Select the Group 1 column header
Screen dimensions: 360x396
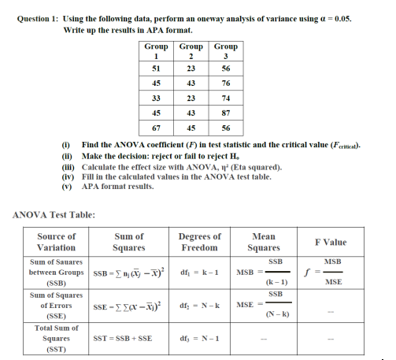tap(156, 51)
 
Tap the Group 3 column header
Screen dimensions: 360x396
tap(226, 51)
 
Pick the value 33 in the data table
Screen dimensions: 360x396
tap(156, 98)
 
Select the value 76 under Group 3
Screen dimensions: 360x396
tap(226, 83)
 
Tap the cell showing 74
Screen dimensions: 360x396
tap(226, 98)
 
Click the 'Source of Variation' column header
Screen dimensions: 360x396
tap(57, 241)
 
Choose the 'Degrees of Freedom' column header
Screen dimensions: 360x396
tap(199, 241)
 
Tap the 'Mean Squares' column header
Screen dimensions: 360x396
tap(264, 241)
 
